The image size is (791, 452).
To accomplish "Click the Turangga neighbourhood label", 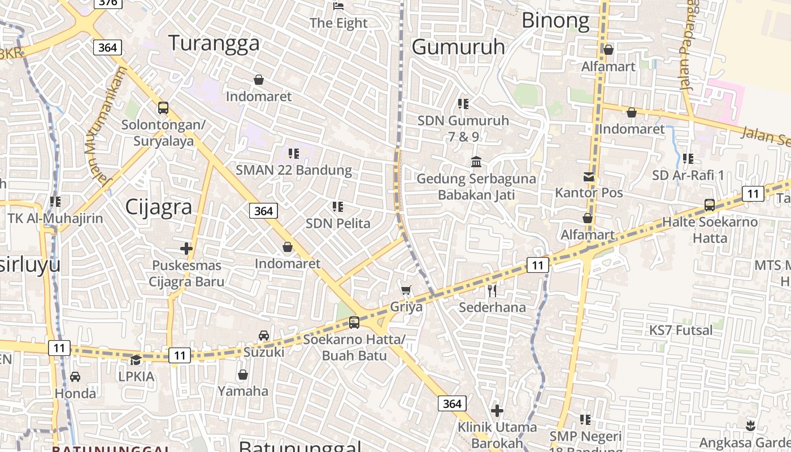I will [214, 43].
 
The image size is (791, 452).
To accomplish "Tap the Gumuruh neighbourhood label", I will [458, 46].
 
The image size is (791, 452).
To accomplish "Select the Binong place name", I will [555, 21].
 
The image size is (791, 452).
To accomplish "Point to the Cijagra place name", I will [158, 207].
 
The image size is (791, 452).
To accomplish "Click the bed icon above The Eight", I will [338, 6].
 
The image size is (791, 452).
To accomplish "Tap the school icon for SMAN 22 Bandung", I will [293, 153].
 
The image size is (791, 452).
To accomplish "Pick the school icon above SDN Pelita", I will [338, 207].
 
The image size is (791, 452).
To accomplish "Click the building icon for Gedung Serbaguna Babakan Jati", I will [476, 162].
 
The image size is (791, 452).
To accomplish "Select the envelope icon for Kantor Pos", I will [589, 176].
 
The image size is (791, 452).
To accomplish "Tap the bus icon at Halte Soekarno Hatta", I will [710, 205].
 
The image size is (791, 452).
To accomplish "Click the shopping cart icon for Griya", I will [406, 290].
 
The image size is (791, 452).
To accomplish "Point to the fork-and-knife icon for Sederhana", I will [492, 291].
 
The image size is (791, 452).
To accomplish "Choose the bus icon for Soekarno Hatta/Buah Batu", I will [354, 323].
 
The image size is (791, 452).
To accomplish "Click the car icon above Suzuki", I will [264, 336].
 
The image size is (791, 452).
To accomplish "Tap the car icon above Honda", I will [75, 376].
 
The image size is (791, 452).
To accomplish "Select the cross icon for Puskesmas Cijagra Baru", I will [186, 248].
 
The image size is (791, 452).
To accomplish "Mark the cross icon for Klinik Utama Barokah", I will [497, 411].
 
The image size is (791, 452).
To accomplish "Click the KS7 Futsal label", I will [680, 330].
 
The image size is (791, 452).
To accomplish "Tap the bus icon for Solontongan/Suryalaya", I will [163, 107].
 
